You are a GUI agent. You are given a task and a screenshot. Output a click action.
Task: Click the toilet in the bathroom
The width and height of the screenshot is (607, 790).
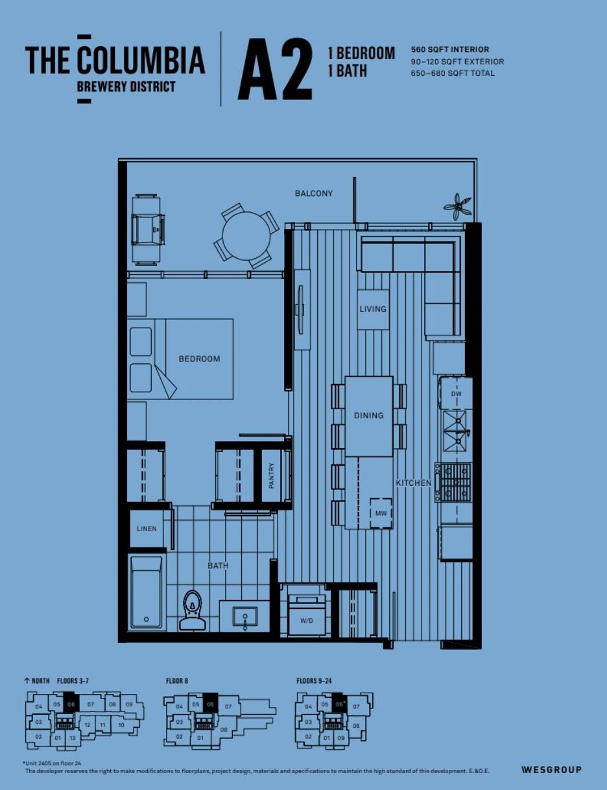(x=192, y=610)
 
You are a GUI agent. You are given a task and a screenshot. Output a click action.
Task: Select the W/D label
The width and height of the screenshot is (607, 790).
(x=306, y=621)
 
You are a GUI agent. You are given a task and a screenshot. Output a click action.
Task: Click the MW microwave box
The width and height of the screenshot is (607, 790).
(x=381, y=513)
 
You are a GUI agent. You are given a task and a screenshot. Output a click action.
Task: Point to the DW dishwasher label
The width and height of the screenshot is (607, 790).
(x=456, y=394)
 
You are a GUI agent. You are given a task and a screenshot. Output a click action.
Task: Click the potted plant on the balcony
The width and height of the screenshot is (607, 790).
(x=458, y=206)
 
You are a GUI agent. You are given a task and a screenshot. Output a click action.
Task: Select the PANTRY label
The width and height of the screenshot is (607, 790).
(x=272, y=475)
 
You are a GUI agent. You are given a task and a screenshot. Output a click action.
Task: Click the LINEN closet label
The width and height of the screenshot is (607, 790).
(x=147, y=529)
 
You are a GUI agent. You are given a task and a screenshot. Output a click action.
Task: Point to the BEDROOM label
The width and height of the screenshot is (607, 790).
(x=199, y=359)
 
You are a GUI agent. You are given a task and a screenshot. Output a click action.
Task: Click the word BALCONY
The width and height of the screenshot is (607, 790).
(x=314, y=193)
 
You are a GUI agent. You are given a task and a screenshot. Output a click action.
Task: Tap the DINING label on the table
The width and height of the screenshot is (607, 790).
(x=368, y=415)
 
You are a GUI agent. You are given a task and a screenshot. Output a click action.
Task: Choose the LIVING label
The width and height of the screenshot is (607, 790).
(x=373, y=309)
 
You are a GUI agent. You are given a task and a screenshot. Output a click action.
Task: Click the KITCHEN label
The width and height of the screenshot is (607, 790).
(x=414, y=483)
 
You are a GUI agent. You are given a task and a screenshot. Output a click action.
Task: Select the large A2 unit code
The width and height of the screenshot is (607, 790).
(x=275, y=69)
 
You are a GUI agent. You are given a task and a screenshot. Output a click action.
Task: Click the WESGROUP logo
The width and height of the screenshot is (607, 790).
(x=551, y=770)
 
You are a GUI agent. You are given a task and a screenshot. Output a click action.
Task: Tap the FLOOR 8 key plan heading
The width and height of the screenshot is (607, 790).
(x=177, y=681)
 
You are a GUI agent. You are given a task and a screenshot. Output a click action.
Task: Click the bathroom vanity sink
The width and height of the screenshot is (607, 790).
(x=245, y=616)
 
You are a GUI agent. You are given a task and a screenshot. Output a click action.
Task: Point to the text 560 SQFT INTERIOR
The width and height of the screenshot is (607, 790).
(x=450, y=49)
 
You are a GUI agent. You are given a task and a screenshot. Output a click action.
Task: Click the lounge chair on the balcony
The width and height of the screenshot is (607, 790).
(x=147, y=229)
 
